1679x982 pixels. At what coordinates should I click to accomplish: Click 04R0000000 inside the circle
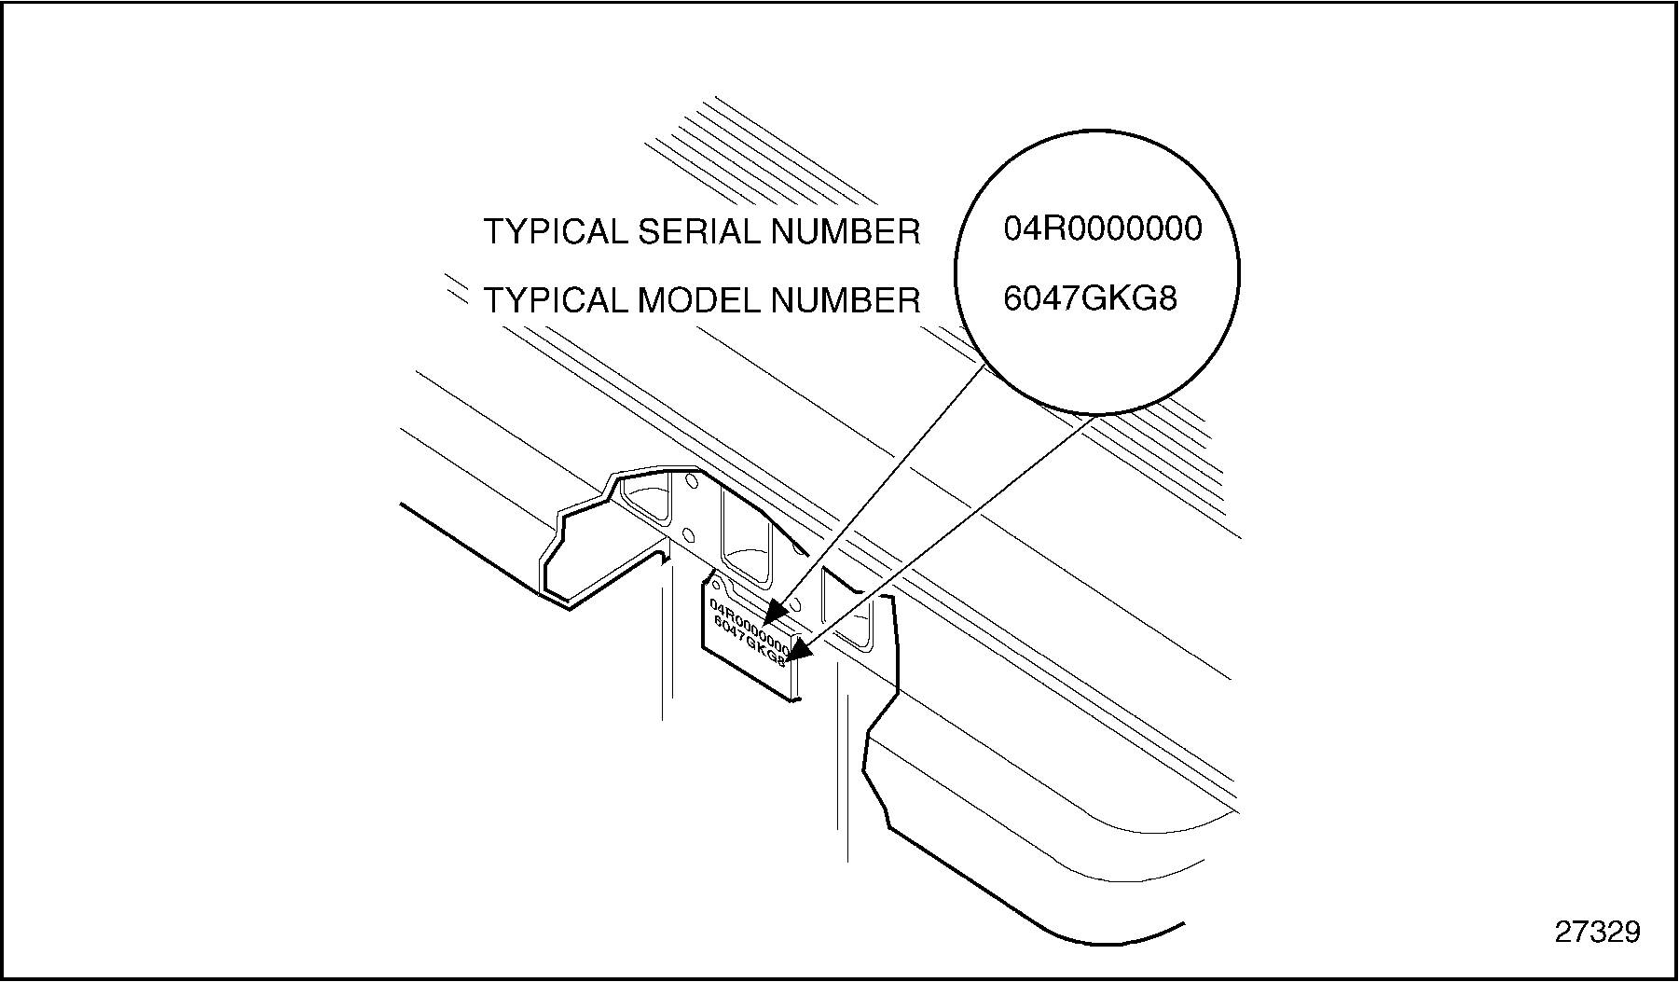pyautogui.click(x=1103, y=228)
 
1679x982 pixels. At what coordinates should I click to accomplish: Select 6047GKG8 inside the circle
pyautogui.click(x=1090, y=298)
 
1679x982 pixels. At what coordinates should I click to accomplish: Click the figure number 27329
pyautogui.click(x=1597, y=932)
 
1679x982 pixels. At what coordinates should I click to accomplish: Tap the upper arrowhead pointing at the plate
pyautogui.click(x=776, y=612)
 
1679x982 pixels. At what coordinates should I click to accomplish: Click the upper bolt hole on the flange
pyautogui.click(x=692, y=481)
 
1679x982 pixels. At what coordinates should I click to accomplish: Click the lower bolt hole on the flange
pyautogui.click(x=688, y=534)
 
